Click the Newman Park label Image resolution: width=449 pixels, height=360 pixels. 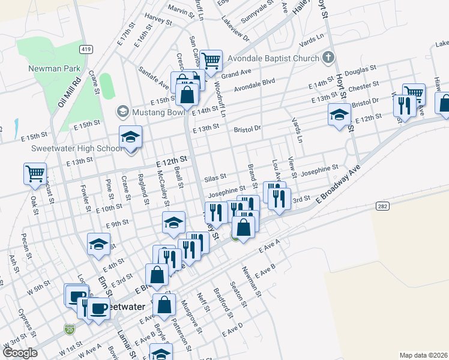point(55,68)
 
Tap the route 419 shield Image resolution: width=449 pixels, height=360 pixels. point(85,49)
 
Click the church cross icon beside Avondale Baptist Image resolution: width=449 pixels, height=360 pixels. point(328,58)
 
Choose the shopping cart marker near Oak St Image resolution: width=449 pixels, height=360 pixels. point(34,173)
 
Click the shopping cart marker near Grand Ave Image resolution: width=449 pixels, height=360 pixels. point(211,60)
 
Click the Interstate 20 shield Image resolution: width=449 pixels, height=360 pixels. point(69,329)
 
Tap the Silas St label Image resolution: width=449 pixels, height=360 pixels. point(214,178)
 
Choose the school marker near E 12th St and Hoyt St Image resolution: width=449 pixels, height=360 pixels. point(339,114)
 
